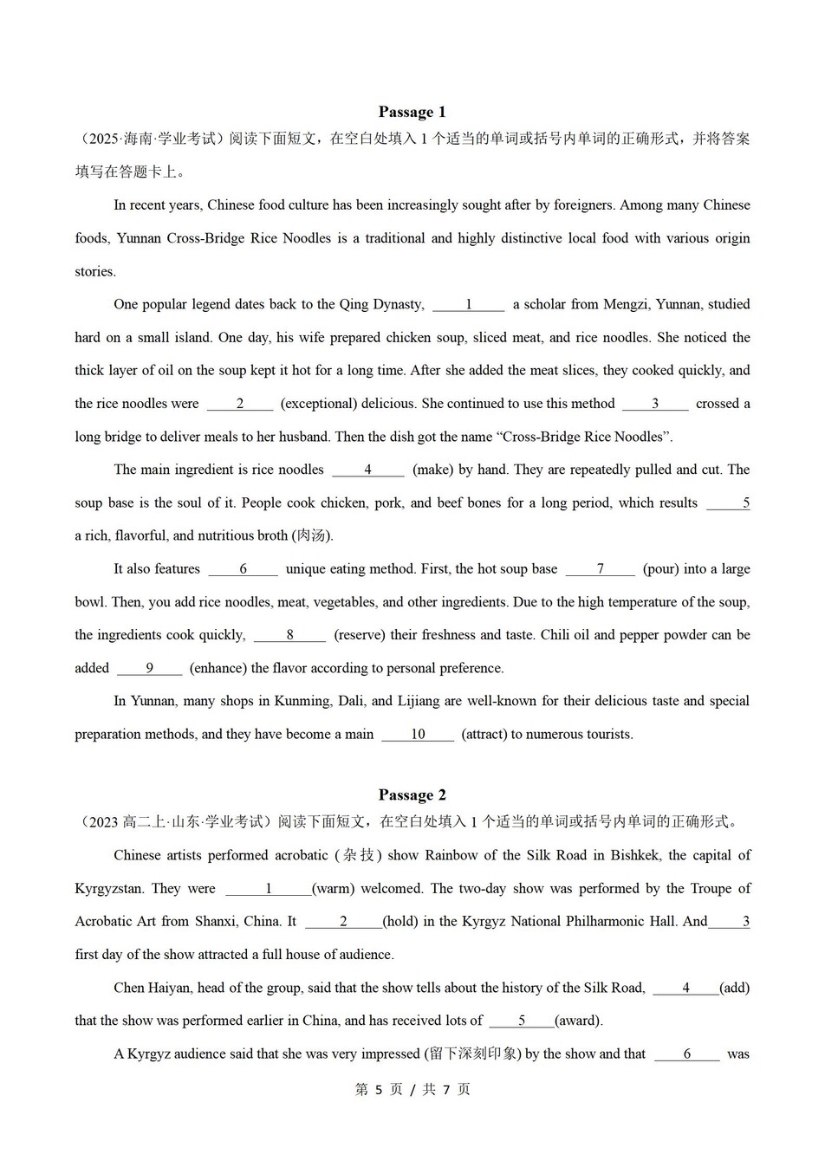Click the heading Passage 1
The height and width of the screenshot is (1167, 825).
(412, 112)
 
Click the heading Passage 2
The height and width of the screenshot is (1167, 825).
(412, 795)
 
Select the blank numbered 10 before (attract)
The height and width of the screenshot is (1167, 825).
(418, 735)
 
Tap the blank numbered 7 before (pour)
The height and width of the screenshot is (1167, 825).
(600, 569)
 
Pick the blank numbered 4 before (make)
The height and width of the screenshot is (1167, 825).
(368, 470)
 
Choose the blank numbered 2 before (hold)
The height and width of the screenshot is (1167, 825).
(343, 922)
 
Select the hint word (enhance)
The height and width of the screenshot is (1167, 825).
(218, 668)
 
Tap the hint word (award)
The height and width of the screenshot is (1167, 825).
(578, 1021)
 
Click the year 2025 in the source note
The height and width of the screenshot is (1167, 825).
(103, 139)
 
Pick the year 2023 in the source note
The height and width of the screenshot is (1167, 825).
(103, 822)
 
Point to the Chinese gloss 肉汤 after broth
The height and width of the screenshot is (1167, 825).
(312, 535)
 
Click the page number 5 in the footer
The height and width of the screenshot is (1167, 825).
(378, 1090)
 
